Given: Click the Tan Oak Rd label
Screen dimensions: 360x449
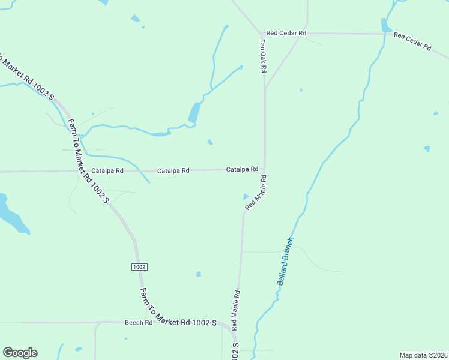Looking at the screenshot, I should pyautogui.click(x=262, y=56).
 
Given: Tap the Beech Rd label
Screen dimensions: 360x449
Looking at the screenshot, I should pyautogui.click(x=139, y=323).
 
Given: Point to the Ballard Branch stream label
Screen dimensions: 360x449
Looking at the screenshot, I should pyautogui.click(x=285, y=261).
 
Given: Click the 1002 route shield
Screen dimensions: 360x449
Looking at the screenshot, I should pyautogui.click(x=138, y=266).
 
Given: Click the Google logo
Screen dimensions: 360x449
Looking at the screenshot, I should pyautogui.click(x=20, y=353).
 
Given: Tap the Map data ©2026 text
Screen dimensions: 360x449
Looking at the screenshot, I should pyautogui.click(x=423, y=355).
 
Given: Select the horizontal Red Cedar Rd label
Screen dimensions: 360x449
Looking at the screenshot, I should pyautogui.click(x=286, y=33).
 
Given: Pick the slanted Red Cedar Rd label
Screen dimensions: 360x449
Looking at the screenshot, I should pyautogui.click(x=412, y=41).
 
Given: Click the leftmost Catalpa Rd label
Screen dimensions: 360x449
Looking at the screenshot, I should pyautogui.click(x=107, y=171).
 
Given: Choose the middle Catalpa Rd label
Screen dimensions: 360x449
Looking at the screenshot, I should pyautogui.click(x=173, y=171).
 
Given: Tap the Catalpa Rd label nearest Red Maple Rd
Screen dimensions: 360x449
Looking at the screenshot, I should pyautogui.click(x=242, y=170).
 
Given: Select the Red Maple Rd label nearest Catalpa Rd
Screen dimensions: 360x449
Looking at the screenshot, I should pyautogui.click(x=256, y=192).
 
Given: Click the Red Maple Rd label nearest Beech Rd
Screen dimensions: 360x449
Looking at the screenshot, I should pyautogui.click(x=236, y=310).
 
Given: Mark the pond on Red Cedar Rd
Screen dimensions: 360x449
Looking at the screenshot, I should pyautogui.click(x=385, y=25).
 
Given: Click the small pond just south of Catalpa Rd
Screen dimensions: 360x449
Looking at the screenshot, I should pyautogui.click(x=246, y=197).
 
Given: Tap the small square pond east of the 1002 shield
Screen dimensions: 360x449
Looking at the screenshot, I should pyautogui.click(x=199, y=274).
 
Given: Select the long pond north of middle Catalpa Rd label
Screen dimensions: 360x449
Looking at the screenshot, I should pyautogui.click(x=194, y=113).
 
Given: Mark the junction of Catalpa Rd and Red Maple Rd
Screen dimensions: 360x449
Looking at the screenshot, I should pyautogui.click(x=265, y=170).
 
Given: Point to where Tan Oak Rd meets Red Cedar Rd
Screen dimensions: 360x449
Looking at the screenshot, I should pyautogui.click(x=263, y=33).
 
